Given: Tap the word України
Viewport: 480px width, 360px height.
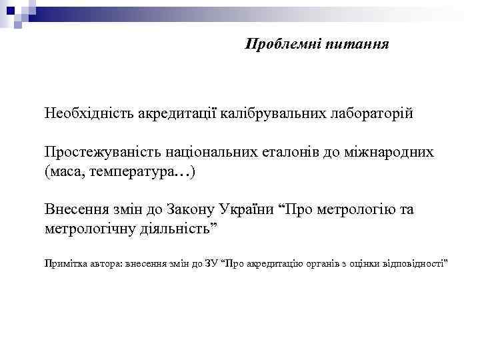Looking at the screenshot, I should click(x=248, y=210).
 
